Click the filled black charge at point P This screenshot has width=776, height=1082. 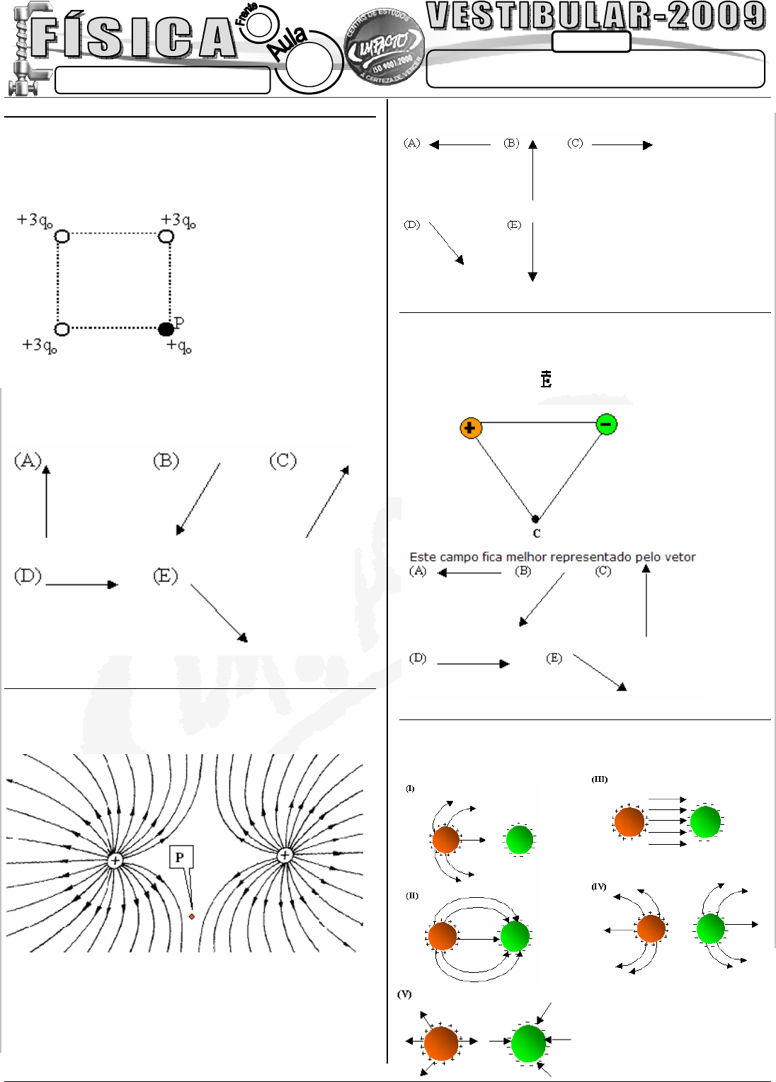166,329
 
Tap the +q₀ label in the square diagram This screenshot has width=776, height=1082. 179,346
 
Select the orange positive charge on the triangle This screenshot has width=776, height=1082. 470,428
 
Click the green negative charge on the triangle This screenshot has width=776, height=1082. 606,424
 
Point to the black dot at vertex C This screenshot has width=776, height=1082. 535,519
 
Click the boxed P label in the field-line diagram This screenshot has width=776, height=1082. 180,858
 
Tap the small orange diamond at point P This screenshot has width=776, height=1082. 192,916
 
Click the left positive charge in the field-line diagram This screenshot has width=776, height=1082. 115,860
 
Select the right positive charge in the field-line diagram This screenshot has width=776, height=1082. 285,855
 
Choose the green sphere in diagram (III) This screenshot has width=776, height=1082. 705,822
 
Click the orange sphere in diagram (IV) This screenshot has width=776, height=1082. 651,928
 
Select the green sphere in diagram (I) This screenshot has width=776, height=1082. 519,840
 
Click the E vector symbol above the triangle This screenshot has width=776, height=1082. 546,379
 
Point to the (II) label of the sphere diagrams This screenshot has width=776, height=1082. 412,896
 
